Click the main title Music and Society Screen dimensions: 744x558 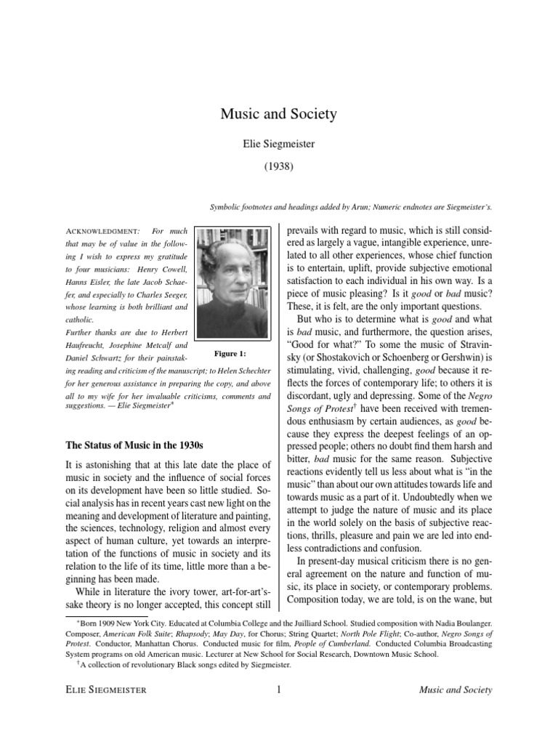(x=278, y=114)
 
